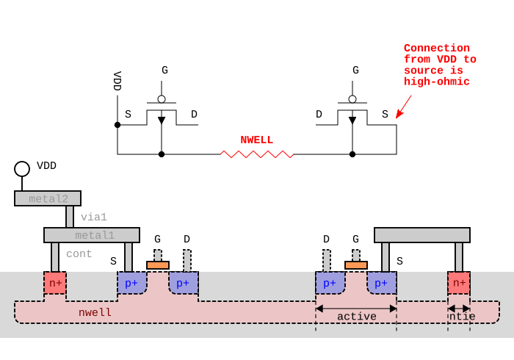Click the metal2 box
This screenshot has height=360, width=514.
(x=48, y=198)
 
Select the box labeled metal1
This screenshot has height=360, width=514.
(x=92, y=235)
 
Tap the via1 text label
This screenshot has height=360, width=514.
(x=94, y=217)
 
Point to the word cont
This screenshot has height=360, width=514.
(x=79, y=254)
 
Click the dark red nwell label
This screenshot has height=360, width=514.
(x=95, y=313)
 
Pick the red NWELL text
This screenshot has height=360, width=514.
(x=256, y=140)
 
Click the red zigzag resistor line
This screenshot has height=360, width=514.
(x=257, y=154)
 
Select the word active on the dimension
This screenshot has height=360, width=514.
(x=357, y=317)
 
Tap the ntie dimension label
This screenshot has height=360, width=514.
(x=462, y=317)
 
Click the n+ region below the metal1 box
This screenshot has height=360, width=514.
(x=55, y=283)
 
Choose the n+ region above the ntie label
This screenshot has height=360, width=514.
(x=459, y=283)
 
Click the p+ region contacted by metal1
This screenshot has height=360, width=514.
(x=131, y=283)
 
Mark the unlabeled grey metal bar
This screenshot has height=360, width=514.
(x=422, y=235)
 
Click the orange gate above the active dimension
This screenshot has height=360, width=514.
(x=356, y=265)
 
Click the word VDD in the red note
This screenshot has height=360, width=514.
(x=446, y=60)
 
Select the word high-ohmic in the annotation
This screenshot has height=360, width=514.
(x=437, y=82)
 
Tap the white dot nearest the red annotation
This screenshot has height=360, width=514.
(x=352, y=99)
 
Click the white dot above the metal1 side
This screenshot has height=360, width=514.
(x=162, y=99)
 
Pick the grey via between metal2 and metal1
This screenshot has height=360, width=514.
(x=70, y=217)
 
